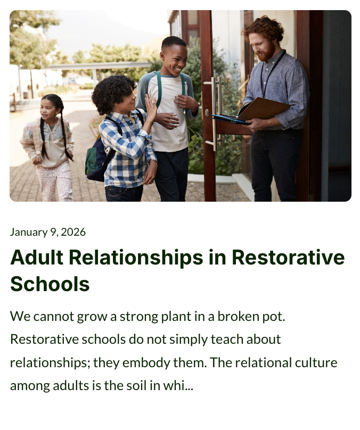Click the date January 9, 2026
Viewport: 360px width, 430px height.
click(48, 232)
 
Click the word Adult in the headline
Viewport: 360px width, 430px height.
click(37, 257)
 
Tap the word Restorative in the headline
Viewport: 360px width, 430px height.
click(288, 257)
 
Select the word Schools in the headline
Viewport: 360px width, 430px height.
click(50, 284)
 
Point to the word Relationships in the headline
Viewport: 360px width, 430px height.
click(136, 258)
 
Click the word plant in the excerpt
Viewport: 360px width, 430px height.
click(176, 317)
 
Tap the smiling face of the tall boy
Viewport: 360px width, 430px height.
click(173, 60)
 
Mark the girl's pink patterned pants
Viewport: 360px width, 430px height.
click(55, 183)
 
